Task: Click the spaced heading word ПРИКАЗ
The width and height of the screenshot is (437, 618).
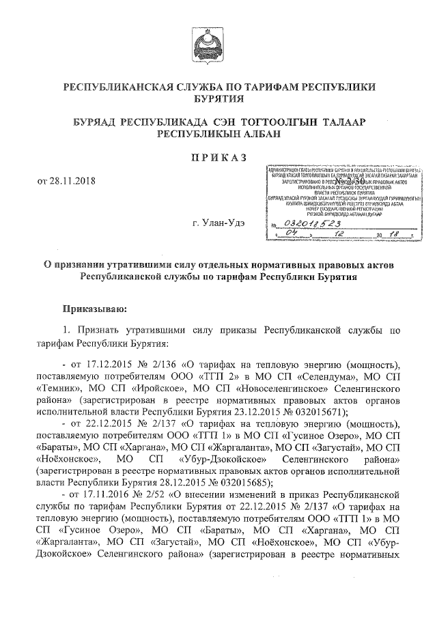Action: (x=216, y=157)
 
